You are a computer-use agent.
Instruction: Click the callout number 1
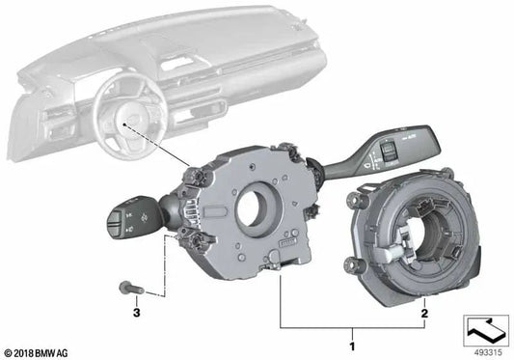click(352, 345)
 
